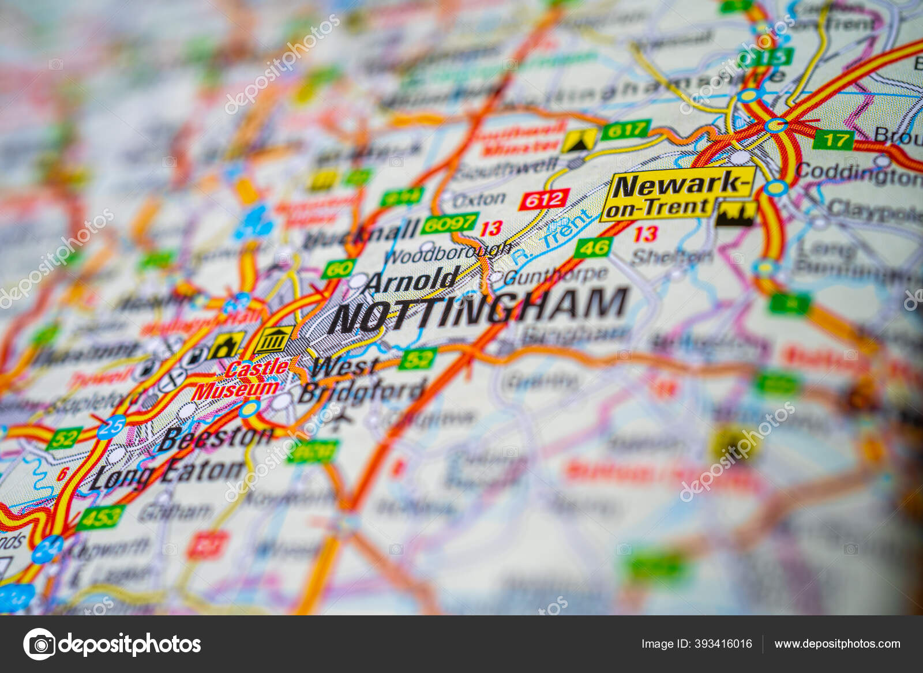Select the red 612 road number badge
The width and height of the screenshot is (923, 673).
coord(544,200)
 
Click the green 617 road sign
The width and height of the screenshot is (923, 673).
coord(625,130)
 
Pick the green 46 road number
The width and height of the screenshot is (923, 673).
coord(593,247)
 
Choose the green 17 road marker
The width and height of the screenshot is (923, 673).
coord(833,140)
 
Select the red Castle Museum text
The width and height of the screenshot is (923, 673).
coord(241,379)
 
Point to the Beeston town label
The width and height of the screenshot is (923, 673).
coord(216,438)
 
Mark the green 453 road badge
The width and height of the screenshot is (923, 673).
coord(100,517)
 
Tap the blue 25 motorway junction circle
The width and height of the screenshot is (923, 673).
coord(111,427)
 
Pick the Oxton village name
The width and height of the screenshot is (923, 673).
coord(479,200)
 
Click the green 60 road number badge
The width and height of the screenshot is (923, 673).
coord(339,269)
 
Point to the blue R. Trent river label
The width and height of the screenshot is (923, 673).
coord(551,238)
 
